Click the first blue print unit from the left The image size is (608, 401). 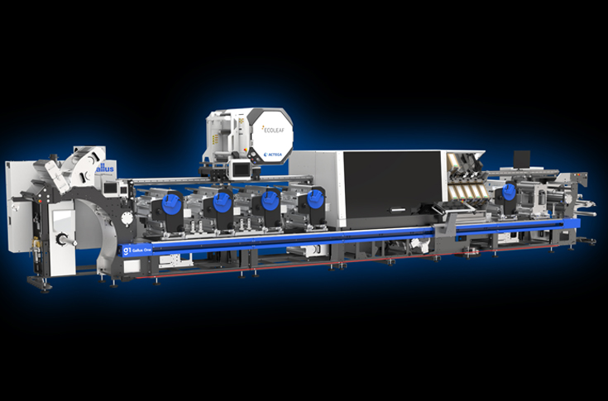[174, 200]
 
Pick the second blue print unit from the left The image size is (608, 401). [221, 201]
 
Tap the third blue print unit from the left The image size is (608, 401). [267, 200]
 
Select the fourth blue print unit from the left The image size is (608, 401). [314, 199]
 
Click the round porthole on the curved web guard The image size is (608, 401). [126, 217]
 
